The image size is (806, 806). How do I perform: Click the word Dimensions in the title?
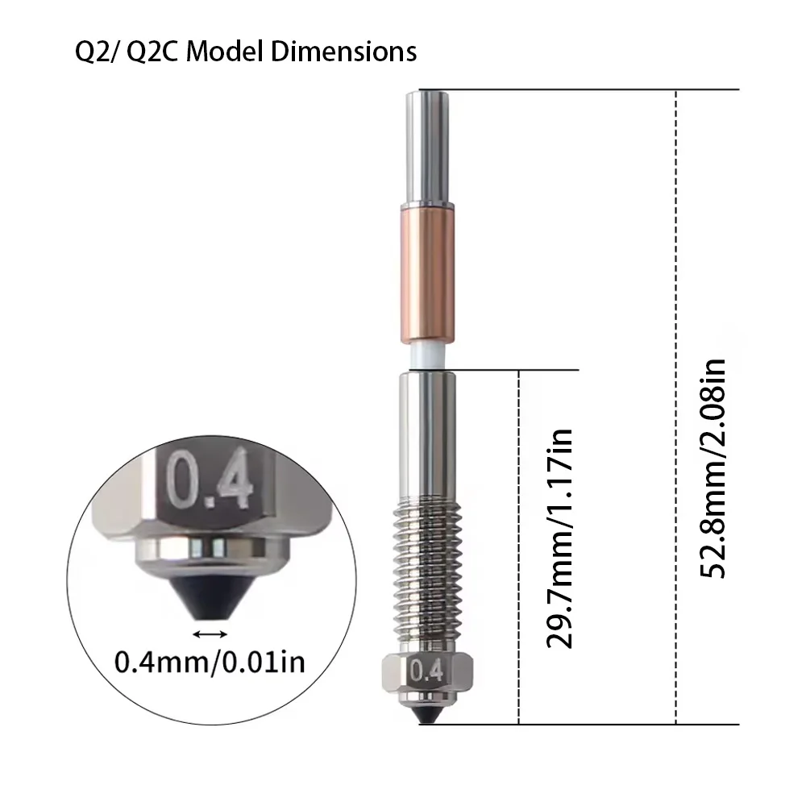coord(343,52)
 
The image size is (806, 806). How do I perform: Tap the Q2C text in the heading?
coord(152,52)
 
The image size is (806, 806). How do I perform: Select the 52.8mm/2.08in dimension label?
coord(713,468)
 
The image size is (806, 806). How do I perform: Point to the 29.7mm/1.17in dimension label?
coord(559,538)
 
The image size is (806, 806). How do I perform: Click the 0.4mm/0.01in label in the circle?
coord(210,662)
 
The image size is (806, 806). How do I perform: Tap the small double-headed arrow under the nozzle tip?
coord(210,634)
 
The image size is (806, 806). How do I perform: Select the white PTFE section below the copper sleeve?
coord(428,355)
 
